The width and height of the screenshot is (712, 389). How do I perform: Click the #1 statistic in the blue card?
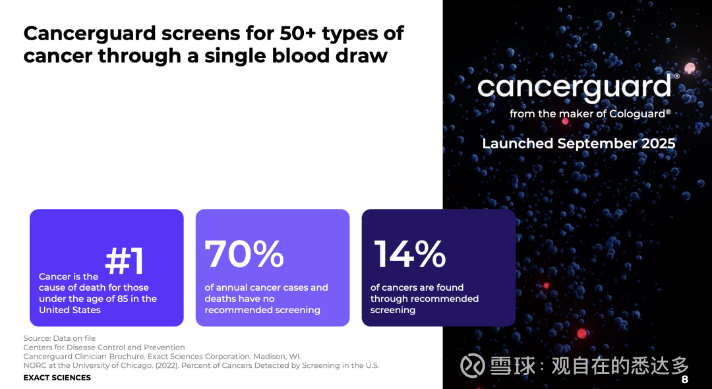pos(125,261)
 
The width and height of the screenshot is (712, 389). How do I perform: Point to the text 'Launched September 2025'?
pos(579,144)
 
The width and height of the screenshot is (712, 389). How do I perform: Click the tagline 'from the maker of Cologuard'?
pos(590,113)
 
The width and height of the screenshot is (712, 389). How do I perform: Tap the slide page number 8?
pos(685,380)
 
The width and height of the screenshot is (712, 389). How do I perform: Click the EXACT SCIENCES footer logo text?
pos(57,378)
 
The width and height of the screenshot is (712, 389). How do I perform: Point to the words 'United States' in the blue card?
pos(69,310)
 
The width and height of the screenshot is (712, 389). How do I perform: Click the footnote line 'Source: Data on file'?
pos(59,338)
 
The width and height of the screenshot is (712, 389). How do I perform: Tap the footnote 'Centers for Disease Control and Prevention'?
pos(104,347)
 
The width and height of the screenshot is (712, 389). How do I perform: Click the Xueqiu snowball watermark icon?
pos(472,366)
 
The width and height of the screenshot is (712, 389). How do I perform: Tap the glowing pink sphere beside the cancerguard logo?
pos(690,69)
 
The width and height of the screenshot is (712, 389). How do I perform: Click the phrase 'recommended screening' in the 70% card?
pos(262,310)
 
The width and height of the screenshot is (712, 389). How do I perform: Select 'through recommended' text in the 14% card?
pos(424,299)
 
